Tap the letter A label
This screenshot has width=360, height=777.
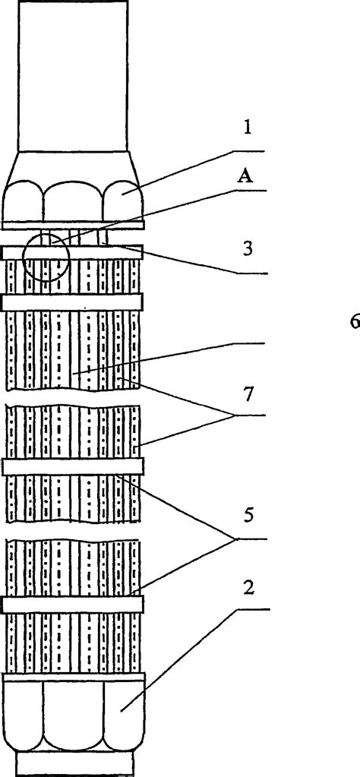(245, 177)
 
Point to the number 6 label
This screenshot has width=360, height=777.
(354, 321)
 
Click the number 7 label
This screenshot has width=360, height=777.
(248, 393)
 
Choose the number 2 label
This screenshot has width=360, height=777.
(248, 587)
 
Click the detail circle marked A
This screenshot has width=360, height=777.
(46, 257)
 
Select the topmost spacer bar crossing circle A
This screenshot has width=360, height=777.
(73, 252)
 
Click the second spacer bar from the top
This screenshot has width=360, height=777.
(73, 302)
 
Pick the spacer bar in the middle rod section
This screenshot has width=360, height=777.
(73, 466)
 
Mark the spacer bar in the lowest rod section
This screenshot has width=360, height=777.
(73, 604)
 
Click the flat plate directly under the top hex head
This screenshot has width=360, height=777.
(73, 225)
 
